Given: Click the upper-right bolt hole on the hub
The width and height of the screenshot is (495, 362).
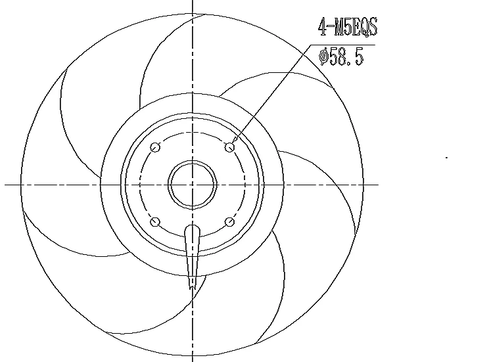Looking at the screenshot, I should coord(229,147).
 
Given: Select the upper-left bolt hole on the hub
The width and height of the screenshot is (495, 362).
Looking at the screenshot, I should coord(155,147).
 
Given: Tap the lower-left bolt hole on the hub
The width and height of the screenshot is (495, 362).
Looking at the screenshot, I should coord(155,222).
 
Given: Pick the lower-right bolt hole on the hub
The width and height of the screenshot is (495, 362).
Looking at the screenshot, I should coord(229,222).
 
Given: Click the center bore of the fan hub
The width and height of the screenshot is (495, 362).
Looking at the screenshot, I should coord(193,185).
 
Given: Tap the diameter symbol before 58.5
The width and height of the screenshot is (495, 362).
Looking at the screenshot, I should coord(323,57).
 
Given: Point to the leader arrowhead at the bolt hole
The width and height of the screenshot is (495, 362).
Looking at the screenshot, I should coord(235,141).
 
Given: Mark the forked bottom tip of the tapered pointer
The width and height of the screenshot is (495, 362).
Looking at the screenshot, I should coord(191,284).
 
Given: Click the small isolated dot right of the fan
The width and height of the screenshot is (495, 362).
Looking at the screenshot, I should coord(447,158).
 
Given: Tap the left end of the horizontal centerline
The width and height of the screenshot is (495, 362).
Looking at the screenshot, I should coord(6,185).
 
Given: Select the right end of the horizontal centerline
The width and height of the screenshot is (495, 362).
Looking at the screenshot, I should coord(379,185).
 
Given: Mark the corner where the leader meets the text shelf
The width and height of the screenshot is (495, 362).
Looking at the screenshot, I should coord(311,45).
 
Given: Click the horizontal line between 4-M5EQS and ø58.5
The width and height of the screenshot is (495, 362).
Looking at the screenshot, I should coord(342,45).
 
